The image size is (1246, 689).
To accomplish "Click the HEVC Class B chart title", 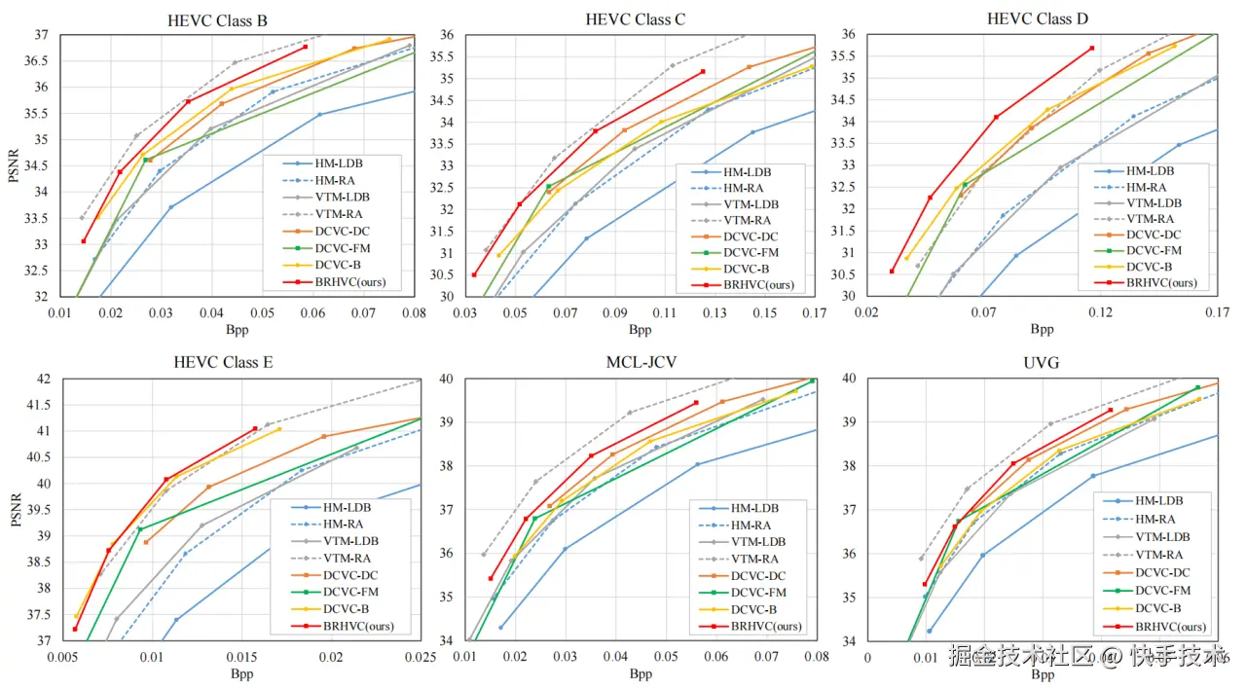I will point(218,19).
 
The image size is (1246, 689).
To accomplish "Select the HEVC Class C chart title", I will point(632,19).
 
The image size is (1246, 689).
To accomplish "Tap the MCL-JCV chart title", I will point(640,363).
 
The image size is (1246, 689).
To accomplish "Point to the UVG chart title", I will point(1042,363).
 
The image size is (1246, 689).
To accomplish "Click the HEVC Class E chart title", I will point(223,363).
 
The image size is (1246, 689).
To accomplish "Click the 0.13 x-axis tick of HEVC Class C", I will point(715,312).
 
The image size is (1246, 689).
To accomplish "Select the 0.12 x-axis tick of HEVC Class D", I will point(1101,312).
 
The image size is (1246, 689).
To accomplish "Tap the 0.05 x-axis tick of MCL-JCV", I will point(666,657).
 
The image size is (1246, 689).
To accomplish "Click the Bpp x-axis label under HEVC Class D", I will point(1042,329).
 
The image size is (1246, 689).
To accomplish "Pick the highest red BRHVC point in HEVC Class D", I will point(1092,48).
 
